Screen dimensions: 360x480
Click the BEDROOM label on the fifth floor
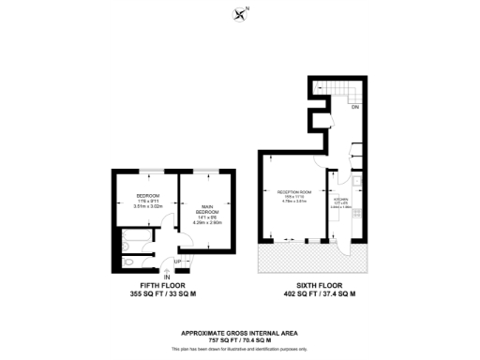coord(148,195)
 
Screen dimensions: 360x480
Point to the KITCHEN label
coord(342,199)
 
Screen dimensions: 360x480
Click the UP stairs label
coord(177,262)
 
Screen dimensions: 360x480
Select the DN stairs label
coord(355,109)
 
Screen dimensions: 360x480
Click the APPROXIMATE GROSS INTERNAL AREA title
coord(240,332)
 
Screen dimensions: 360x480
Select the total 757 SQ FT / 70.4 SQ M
coord(240,338)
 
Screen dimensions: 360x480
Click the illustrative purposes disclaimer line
coord(240,346)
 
